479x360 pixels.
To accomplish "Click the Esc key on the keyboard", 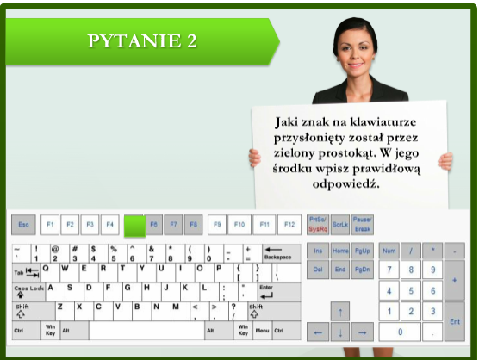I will pyautogui.click(x=23, y=225).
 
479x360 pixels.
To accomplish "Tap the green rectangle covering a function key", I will pyautogui.click(x=134, y=226).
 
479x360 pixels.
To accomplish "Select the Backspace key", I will pyautogui.click(x=278, y=252).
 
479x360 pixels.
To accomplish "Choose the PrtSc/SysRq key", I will pyautogui.click(x=317, y=225).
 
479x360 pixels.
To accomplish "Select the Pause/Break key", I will pyautogui.click(x=362, y=225).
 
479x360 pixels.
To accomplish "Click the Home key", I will pyautogui.click(x=339, y=251).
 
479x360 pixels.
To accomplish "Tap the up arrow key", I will pyautogui.click(x=340, y=311).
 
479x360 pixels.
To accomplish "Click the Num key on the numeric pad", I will pyautogui.click(x=389, y=251).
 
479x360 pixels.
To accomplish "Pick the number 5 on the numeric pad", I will pyautogui.click(x=411, y=290).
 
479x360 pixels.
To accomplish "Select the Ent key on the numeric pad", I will pyautogui.click(x=454, y=320).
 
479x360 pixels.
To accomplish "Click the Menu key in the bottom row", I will pyautogui.click(x=262, y=330).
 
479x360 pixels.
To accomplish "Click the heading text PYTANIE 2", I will pyautogui.click(x=141, y=40).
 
